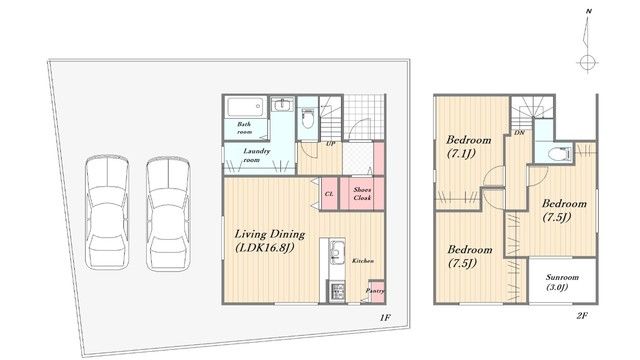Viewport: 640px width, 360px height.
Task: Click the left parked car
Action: (107, 212)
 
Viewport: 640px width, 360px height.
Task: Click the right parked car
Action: (168, 214)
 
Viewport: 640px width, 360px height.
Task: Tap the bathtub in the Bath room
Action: (245, 107)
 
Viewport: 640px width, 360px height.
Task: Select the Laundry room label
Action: (256, 156)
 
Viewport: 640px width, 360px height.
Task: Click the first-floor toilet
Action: (307, 118)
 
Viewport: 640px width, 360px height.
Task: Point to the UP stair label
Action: (330, 144)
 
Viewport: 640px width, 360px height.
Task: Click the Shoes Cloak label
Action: (362, 194)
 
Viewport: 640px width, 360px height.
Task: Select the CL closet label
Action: (329, 194)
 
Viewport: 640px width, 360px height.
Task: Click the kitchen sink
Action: (337, 252)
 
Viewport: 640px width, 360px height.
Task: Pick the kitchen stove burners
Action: (337, 292)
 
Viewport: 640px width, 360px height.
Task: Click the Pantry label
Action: (375, 291)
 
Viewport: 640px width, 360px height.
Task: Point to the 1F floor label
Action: (385, 317)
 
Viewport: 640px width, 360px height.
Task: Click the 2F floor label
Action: (582, 316)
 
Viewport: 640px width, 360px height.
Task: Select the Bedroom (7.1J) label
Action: (468, 147)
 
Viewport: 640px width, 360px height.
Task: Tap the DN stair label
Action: (519, 133)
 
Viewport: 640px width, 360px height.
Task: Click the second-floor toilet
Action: (559, 153)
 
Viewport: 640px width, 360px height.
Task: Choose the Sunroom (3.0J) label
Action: (562, 282)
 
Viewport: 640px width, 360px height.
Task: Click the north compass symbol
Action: (587, 46)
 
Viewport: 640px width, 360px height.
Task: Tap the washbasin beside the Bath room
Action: (282, 105)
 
